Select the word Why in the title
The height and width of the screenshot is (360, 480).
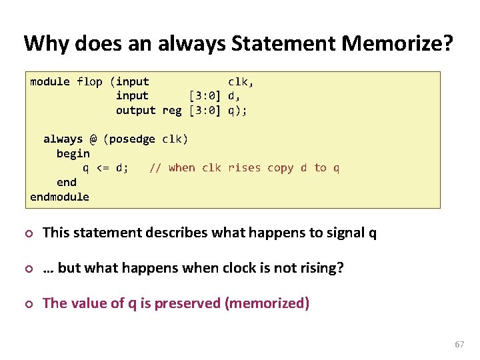point(46,44)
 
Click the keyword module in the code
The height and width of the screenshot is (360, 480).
point(50,82)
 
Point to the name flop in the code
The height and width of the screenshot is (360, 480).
point(89,82)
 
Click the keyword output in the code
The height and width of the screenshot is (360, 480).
point(135,111)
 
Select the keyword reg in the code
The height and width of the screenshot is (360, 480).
point(172,111)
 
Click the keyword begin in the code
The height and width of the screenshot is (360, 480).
point(73,153)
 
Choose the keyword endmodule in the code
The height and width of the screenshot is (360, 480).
point(59,197)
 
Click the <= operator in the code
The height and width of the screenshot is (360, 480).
point(103,168)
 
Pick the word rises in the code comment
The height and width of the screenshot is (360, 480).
point(244,168)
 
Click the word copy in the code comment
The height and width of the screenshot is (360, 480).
point(280,168)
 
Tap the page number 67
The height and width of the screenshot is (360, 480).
point(459,345)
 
